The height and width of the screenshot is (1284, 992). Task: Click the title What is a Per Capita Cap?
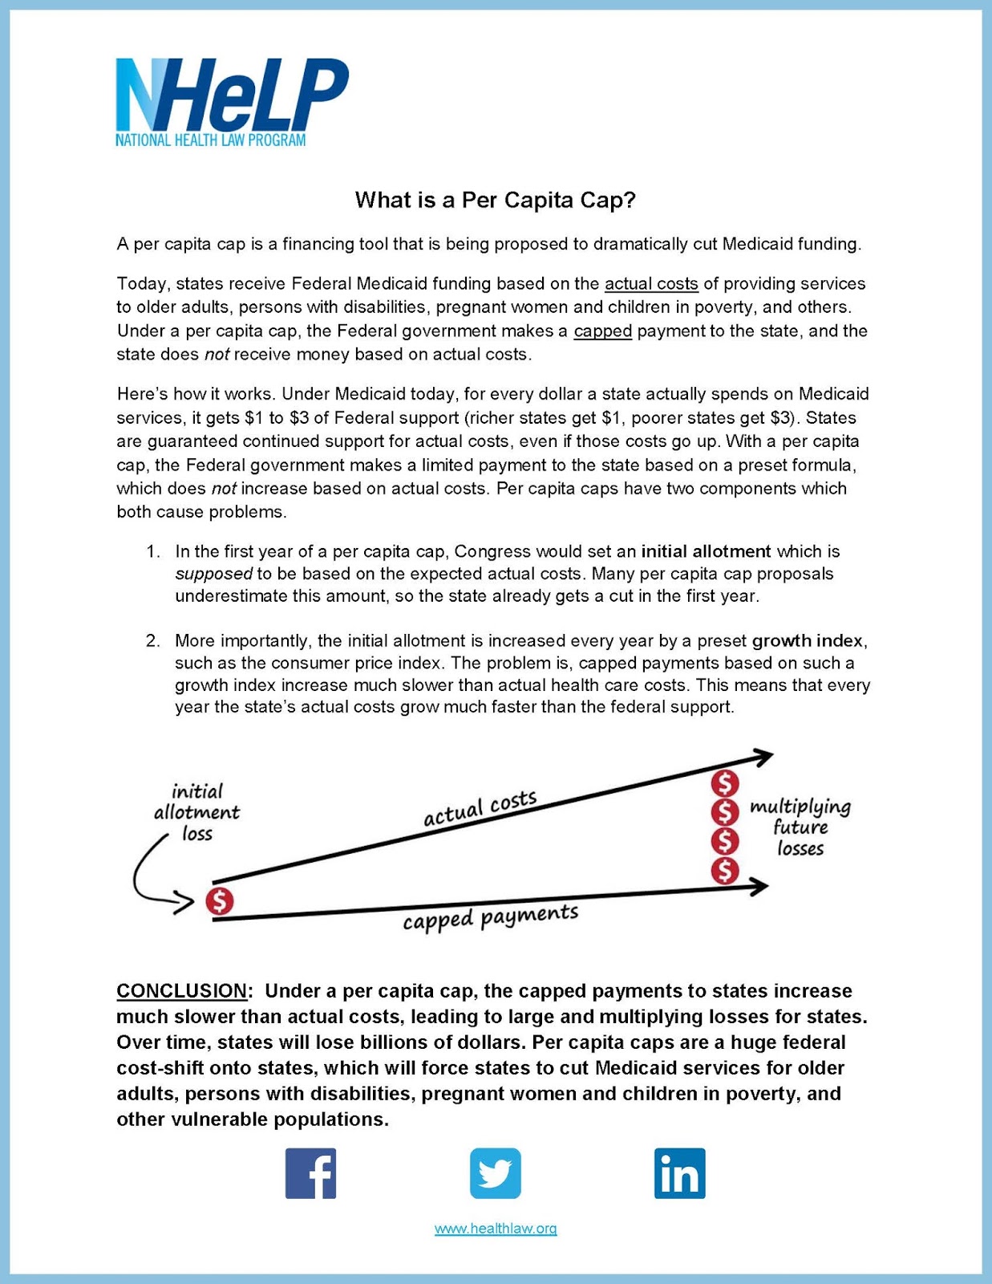click(x=495, y=200)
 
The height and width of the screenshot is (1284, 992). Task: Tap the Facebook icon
click(x=310, y=1173)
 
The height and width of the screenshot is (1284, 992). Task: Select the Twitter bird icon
click(x=495, y=1173)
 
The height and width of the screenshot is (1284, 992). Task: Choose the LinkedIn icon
click(x=679, y=1173)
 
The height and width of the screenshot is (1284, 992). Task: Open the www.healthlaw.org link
click(x=495, y=1229)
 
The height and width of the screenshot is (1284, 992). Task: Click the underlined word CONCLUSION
click(x=182, y=991)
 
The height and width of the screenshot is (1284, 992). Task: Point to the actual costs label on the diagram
click(x=480, y=808)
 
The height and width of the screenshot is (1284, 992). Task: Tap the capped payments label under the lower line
click(x=490, y=917)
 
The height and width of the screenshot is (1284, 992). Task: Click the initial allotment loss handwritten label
click(x=197, y=812)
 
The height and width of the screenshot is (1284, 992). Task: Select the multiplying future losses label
click(x=800, y=827)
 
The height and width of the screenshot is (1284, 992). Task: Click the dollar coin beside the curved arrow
click(x=219, y=901)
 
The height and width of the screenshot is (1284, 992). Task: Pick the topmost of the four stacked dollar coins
click(x=725, y=783)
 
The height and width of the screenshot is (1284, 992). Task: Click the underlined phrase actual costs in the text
click(x=651, y=284)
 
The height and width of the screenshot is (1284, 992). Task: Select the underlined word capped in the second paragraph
click(x=603, y=331)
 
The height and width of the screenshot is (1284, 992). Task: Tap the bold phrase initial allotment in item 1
click(x=706, y=552)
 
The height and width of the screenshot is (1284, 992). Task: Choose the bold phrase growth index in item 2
click(x=808, y=641)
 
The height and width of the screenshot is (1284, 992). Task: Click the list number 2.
click(x=152, y=641)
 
